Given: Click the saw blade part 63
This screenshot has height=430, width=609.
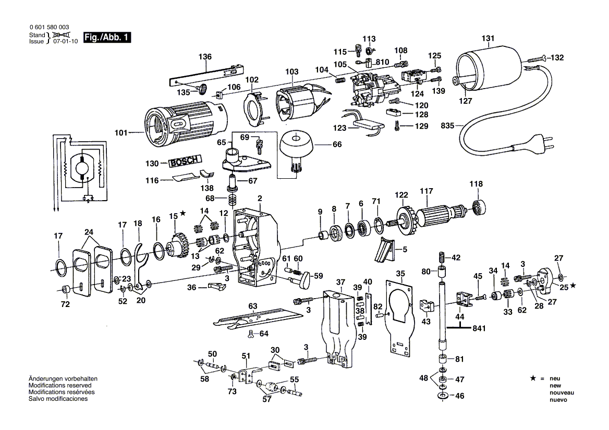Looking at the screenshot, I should click(x=255, y=319).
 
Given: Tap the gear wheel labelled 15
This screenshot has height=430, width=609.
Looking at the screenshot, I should click(x=178, y=243).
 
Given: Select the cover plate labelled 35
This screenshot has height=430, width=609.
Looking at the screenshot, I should click(x=400, y=318).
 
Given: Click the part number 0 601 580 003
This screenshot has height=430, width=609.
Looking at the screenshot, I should click(x=49, y=27).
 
